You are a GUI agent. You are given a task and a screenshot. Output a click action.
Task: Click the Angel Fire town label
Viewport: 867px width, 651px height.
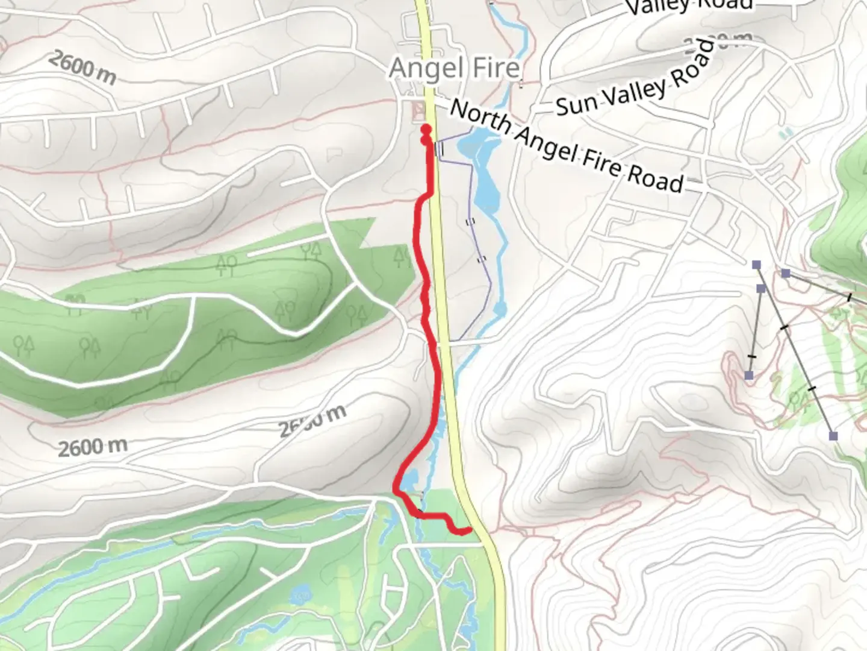(x=455, y=68)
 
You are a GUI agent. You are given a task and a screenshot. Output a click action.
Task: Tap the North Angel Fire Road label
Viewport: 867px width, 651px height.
(x=567, y=146)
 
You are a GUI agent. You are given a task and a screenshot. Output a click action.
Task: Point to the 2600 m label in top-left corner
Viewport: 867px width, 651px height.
(x=82, y=68)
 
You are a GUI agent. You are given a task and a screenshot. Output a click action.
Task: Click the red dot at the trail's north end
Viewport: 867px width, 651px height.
(x=426, y=128)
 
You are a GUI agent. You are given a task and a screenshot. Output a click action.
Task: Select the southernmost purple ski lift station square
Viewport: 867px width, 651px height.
(x=833, y=436)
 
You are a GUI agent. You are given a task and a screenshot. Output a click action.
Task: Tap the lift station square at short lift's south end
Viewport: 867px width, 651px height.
(x=748, y=376)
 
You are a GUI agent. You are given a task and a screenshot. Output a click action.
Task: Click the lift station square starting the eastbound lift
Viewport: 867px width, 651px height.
(x=786, y=273)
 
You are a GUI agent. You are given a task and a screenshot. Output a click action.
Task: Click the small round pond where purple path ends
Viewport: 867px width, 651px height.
(x=500, y=310)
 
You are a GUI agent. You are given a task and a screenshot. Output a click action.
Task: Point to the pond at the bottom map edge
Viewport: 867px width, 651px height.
(x=299, y=597)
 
